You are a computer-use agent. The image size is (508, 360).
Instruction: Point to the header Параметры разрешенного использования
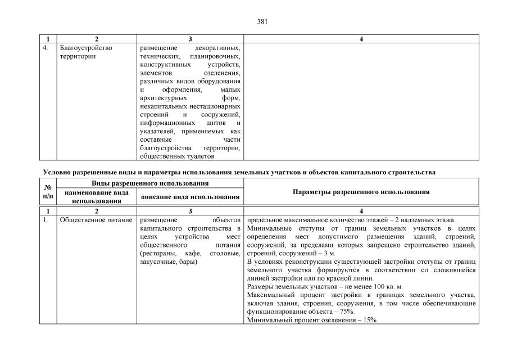(x=361, y=192)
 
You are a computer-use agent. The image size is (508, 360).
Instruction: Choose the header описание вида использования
(x=190, y=197)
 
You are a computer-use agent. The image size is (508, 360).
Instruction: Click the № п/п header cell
(x=48, y=192)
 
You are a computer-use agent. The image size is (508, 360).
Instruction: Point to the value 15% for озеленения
(x=370, y=320)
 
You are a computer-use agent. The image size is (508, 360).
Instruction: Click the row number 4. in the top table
(x=46, y=48)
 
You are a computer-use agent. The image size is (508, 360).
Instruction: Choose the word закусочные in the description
(x=158, y=262)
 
